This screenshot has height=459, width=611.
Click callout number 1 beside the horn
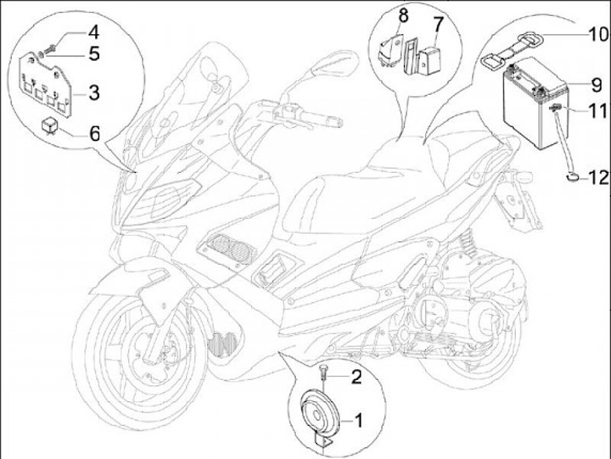coord(358,421)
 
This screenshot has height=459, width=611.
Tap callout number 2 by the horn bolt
coord(356,377)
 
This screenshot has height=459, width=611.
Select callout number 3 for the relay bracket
coord(94,92)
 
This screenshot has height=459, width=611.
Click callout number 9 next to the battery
coord(597,85)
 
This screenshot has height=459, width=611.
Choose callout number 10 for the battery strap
coord(597,34)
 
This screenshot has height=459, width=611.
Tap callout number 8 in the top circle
coord(403,16)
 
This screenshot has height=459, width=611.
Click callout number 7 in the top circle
coord(439,24)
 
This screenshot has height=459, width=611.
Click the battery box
coord(535,104)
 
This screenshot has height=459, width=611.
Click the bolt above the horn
coord(323,373)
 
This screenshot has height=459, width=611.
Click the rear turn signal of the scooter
coord(524,176)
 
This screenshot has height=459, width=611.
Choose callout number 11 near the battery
coord(597,111)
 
